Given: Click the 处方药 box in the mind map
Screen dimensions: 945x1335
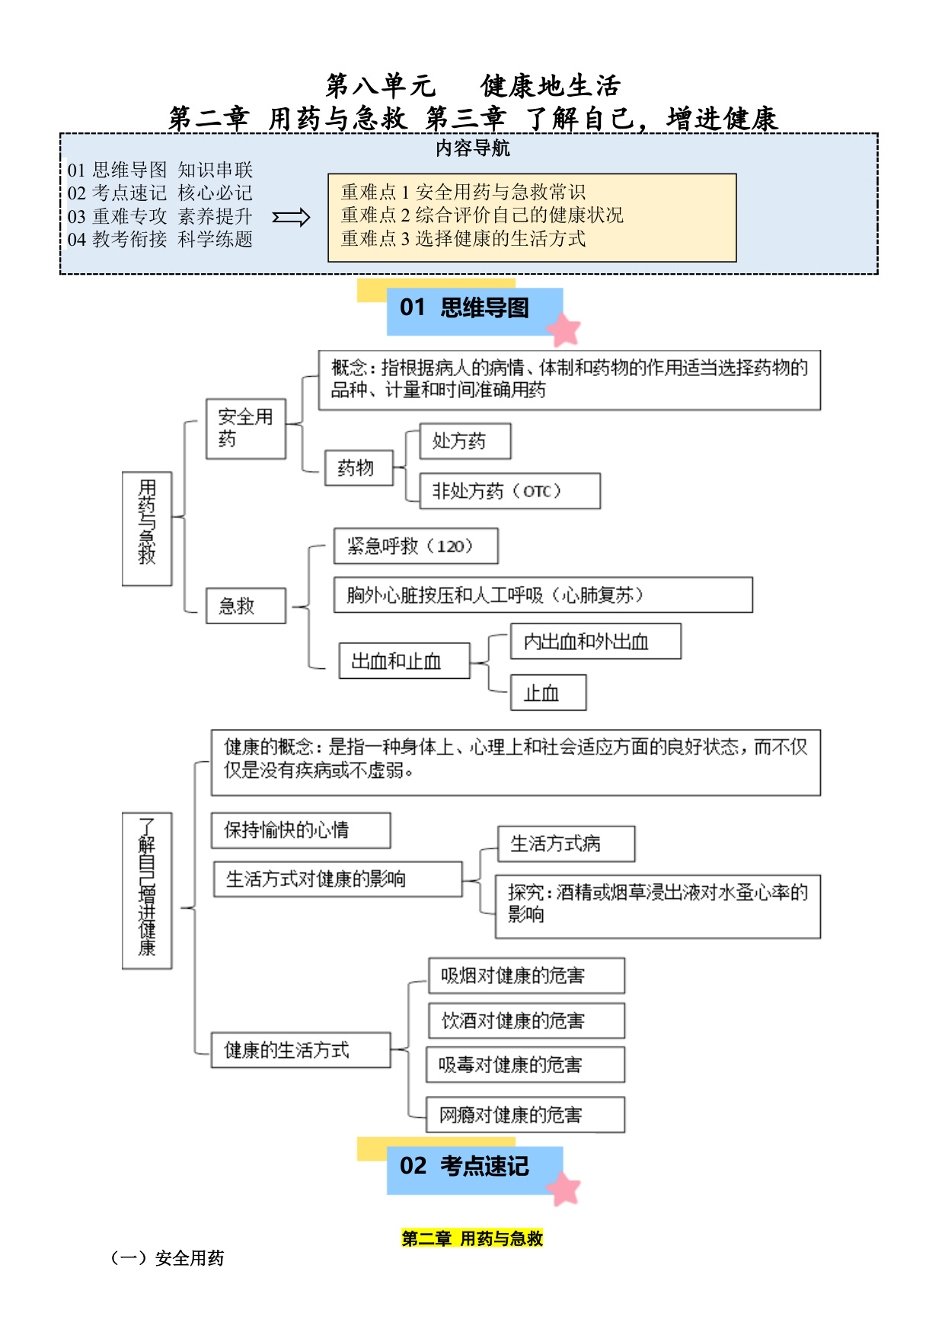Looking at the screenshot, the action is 465,441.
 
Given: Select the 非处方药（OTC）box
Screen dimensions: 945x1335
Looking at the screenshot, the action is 510,491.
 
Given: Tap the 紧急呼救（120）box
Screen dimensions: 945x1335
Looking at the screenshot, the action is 416,546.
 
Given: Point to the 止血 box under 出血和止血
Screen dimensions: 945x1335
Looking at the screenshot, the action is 548,693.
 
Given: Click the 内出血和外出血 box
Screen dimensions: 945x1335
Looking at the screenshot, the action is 595,642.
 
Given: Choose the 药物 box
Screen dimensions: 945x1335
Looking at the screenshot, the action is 359,467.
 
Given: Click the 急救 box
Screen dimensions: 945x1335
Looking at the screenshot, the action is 246,606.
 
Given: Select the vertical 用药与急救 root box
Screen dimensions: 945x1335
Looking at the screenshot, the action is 147,529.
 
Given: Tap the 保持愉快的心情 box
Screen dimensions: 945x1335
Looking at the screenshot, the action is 301,830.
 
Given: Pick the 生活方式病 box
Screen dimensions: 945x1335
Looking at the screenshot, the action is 567,844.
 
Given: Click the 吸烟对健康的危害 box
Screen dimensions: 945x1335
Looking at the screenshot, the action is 527,976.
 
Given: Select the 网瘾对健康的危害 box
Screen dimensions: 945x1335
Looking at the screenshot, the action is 525,1115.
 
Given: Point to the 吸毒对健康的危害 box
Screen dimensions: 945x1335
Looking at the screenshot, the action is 525,1065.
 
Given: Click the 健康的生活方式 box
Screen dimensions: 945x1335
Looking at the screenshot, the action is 301,1050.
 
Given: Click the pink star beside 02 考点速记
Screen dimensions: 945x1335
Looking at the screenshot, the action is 564,1189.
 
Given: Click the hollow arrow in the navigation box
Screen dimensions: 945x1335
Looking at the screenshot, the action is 292,218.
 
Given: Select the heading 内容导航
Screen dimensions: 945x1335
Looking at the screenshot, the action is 473,148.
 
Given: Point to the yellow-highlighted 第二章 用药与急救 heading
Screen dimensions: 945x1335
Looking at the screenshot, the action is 472,1238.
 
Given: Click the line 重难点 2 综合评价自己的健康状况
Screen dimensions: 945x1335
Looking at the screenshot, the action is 482,215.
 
